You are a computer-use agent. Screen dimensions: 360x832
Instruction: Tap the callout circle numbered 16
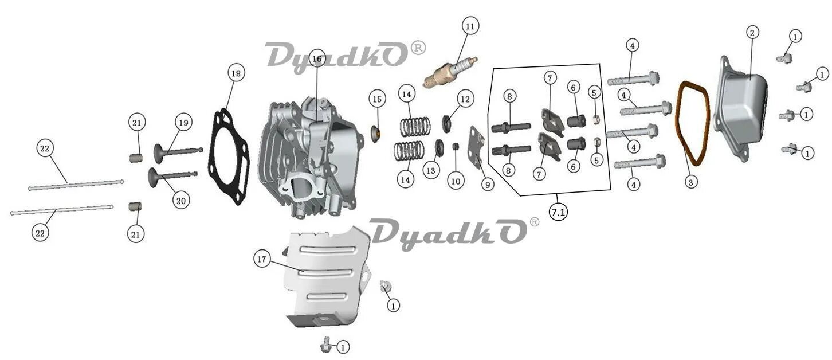[x=317, y=58]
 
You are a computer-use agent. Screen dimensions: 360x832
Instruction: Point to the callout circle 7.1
[x=558, y=212]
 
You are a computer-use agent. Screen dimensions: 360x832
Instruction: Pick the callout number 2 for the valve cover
[x=752, y=33]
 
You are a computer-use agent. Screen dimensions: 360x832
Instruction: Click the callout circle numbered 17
[x=262, y=260]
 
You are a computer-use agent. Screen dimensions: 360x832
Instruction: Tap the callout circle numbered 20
[x=180, y=201]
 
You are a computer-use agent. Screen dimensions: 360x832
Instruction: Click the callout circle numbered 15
[x=376, y=100]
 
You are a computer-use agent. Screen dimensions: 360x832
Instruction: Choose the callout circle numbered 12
[x=465, y=99]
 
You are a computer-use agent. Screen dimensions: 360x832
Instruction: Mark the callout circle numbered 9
[x=487, y=185]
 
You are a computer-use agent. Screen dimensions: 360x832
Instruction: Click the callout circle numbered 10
[x=455, y=182]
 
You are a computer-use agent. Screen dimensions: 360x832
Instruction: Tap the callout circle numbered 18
[x=236, y=73]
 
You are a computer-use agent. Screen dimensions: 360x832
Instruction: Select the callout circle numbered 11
[x=470, y=26]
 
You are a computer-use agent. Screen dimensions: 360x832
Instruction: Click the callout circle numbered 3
[x=691, y=182]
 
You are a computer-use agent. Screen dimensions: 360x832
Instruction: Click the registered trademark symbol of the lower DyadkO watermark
[x=534, y=222]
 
